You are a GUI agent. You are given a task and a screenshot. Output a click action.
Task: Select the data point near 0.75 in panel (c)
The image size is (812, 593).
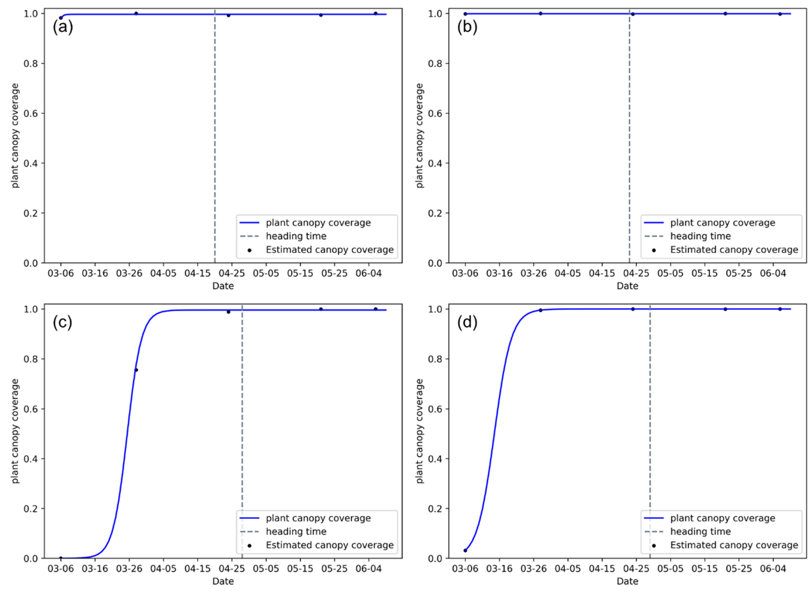pyautogui.click(x=136, y=370)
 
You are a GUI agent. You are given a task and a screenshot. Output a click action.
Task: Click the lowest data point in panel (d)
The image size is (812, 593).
pyautogui.click(x=465, y=550)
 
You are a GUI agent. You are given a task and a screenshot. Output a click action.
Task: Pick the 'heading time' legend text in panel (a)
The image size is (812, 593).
pyautogui.click(x=296, y=236)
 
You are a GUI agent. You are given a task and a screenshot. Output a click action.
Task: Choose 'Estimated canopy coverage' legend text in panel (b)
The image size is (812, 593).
pyautogui.click(x=734, y=250)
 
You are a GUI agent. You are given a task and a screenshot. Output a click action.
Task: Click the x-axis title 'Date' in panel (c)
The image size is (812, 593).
pyautogui.click(x=223, y=581)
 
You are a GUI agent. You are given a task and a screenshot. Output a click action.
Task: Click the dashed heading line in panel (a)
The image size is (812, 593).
pyautogui.click(x=215, y=144)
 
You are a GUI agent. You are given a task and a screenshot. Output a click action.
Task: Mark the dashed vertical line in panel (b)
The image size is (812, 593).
pyautogui.click(x=629, y=144)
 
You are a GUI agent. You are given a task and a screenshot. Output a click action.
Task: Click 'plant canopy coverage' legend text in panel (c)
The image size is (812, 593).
pyautogui.click(x=318, y=518)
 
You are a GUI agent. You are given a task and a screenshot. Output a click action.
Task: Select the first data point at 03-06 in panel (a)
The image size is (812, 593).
pyautogui.click(x=61, y=18)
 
